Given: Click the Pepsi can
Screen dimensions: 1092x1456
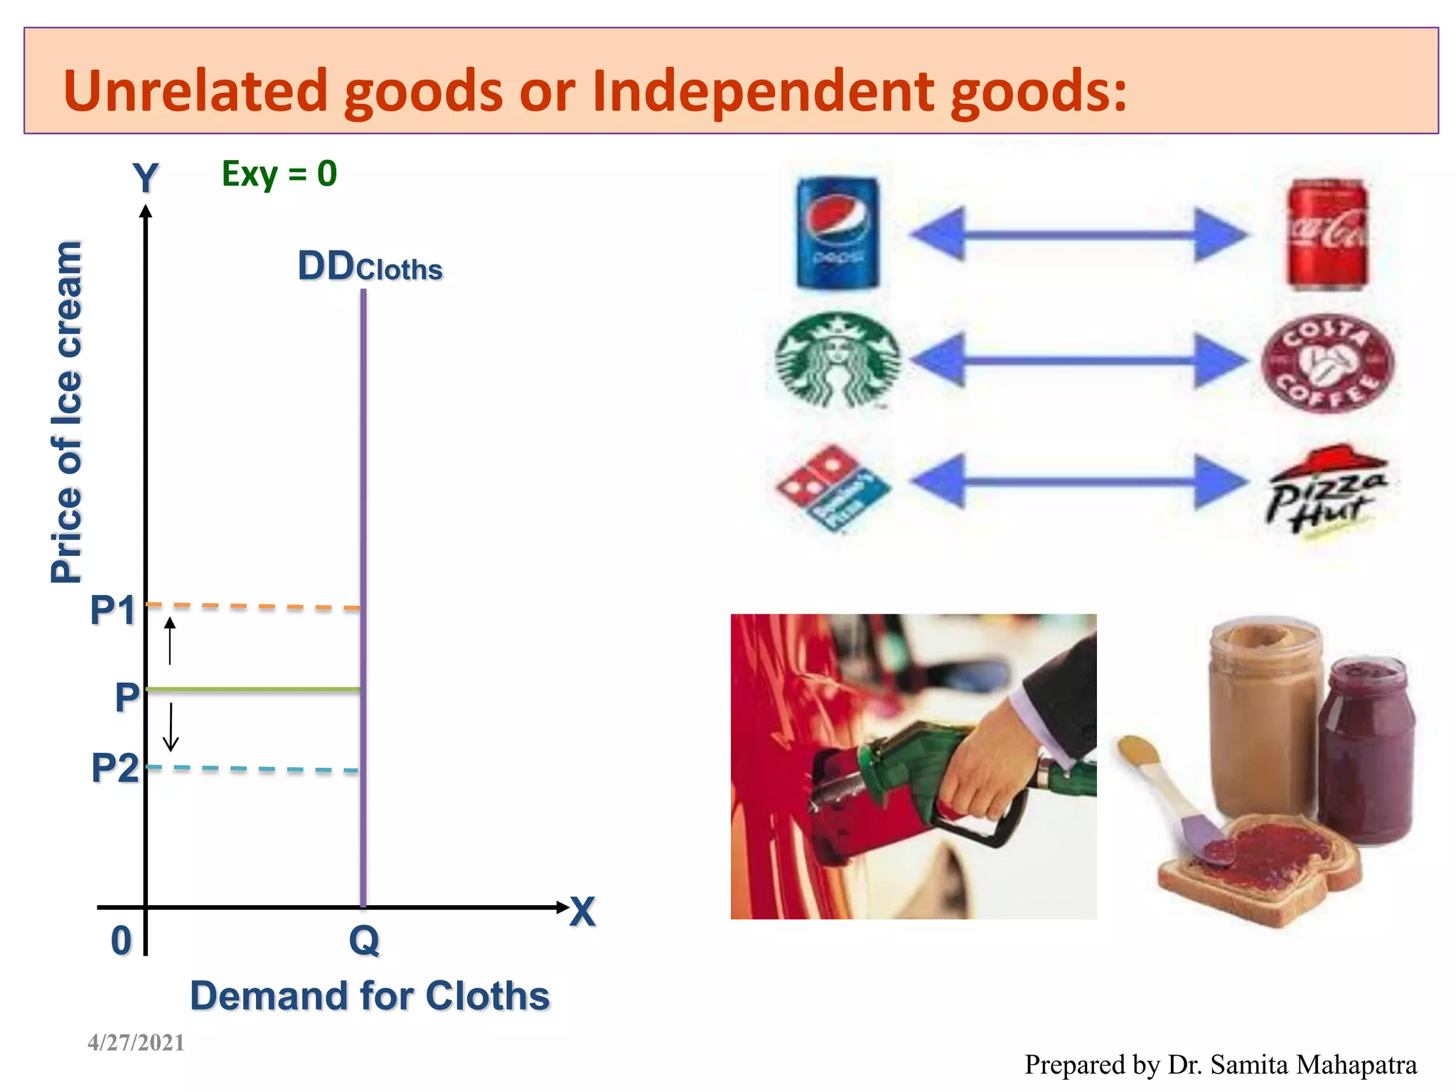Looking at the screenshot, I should [x=837, y=233].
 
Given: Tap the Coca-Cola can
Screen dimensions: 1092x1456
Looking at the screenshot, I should [x=1327, y=235].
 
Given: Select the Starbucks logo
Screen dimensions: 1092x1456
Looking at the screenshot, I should [x=837, y=360].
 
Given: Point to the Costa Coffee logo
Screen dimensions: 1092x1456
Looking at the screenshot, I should [x=1327, y=363].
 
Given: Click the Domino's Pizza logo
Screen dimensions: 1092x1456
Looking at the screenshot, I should [x=833, y=488].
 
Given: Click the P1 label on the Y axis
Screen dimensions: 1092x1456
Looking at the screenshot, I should [x=112, y=610].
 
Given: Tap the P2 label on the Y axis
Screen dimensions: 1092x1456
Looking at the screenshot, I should [x=114, y=769].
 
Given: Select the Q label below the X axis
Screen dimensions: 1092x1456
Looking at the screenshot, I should [x=364, y=941].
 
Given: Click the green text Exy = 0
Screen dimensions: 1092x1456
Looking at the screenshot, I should [x=279, y=174].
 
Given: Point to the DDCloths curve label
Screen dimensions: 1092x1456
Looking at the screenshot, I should [x=370, y=267].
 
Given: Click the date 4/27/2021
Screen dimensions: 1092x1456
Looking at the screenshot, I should [x=136, y=1042].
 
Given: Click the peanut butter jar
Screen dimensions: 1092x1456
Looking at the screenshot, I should [x=1265, y=718].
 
